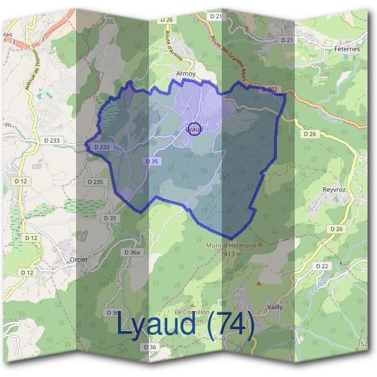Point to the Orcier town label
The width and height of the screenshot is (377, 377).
79,258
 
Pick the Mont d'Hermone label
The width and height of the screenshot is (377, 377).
231,245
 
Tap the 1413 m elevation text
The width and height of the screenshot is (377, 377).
231,253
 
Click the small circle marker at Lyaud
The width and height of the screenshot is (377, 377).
195,129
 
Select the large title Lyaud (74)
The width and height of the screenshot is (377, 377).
185,325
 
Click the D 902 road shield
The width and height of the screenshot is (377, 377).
269,90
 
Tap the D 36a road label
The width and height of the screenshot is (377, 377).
133,252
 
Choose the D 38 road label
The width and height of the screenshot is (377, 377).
113,312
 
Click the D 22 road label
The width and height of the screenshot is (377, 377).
322,266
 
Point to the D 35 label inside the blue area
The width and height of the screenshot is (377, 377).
151,161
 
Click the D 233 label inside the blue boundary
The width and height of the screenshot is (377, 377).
101,147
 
